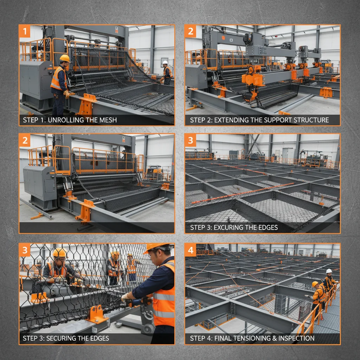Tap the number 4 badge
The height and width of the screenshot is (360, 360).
pyautogui.click(x=191, y=251)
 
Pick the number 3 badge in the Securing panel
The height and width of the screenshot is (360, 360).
pyautogui.click(x=25, y=251)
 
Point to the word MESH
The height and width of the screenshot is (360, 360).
pyautogui.click(x=107, y=120)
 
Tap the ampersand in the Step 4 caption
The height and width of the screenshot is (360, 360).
pyautogui.click(x=274, y=338)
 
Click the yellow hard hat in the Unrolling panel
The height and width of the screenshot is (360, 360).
pyautogui.click(x=65, y=58)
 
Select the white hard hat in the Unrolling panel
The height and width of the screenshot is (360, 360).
pyautogui.click(x=165, y=63)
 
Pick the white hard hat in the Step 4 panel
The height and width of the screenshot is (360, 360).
pyautogui.click(x=329, y=271)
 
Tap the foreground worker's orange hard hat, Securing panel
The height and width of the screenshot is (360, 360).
pyautogui.click(x=155, y=247)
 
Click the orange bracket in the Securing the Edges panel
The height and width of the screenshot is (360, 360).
pyautogui.click(x=96, y=313)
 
